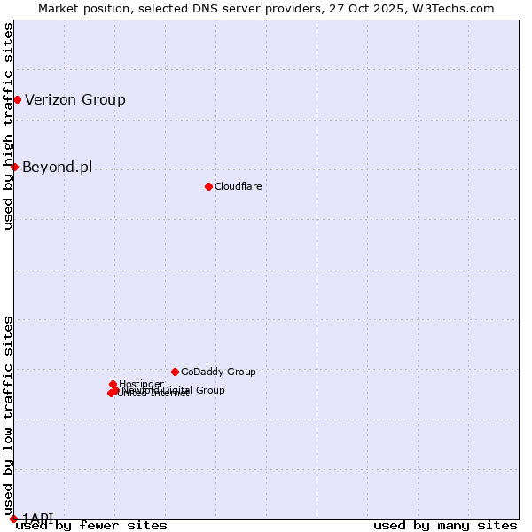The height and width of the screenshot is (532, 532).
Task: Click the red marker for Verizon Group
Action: (x=17, y=99)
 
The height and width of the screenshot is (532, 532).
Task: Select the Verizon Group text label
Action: (x=75, y=99)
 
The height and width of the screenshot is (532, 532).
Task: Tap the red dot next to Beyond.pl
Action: (x=14, y=167)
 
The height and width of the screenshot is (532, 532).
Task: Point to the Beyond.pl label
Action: (x=57, y=167)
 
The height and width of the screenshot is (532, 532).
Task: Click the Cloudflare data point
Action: (x=208, y=186)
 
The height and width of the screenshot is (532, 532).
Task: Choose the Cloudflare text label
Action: (x=238, y=186)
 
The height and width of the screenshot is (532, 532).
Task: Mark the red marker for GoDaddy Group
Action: (x=175, y=372)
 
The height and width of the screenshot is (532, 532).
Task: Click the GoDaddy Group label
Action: (x=218, y=372)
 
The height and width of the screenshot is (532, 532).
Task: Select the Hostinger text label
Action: (x=141, y=383)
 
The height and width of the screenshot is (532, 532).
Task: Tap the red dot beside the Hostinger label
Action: (x=113, y=384)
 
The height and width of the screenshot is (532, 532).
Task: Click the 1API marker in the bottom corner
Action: (x=13, y=519)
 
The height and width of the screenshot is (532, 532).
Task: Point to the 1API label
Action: (x=38, y=518)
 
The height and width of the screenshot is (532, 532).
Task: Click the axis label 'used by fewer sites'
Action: (x=91, y=526)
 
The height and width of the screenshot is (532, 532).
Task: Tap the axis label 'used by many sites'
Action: (x=445, y=526)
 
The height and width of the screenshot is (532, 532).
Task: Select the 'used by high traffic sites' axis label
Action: (x=8, y=126)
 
